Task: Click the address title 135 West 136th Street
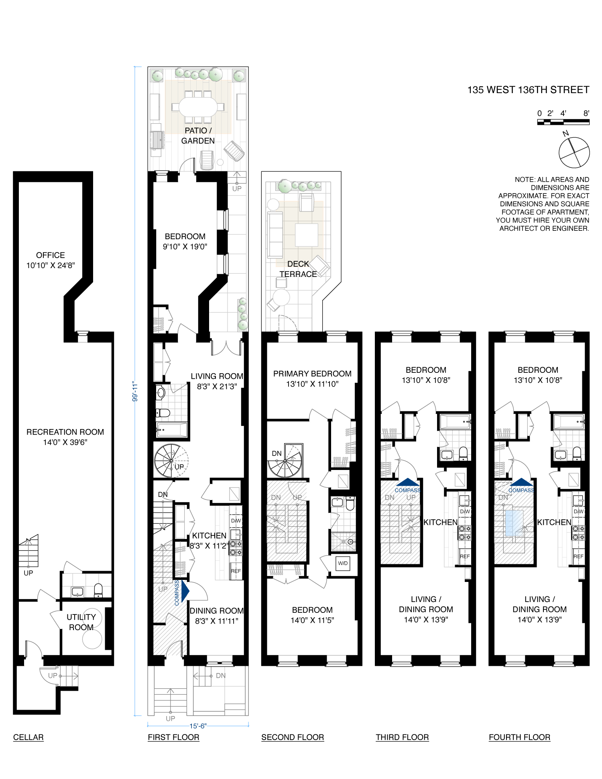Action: click(x=528, y=90)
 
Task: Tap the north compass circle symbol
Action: click(x=574, y=153)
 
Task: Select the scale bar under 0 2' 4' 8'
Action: click(x=563, y=122)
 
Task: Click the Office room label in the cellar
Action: click(x=51, y=255)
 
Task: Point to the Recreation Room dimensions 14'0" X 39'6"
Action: click(x=65, y=442)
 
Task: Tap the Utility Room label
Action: click(x=81, y=622)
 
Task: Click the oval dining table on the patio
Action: click(x=198, y=107)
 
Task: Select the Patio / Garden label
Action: click(x=198, y=136)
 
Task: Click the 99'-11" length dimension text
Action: click(x=135, y=392)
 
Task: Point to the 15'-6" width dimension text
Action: click(x=198, y=726)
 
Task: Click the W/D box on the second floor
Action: click(x=343, y=563)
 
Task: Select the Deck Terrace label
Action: click(x=298, y=269)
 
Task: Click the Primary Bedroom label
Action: click(x=312, y=374)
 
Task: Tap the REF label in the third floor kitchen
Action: click(x=465, y=556)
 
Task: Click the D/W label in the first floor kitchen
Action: click(x=236, y=521)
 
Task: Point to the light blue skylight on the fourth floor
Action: click(x=514, y=523)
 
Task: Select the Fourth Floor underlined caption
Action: click(x=519, y=737)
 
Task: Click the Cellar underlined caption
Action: click(x=28, y=737)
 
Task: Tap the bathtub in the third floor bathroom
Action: click(x=455, y=422)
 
